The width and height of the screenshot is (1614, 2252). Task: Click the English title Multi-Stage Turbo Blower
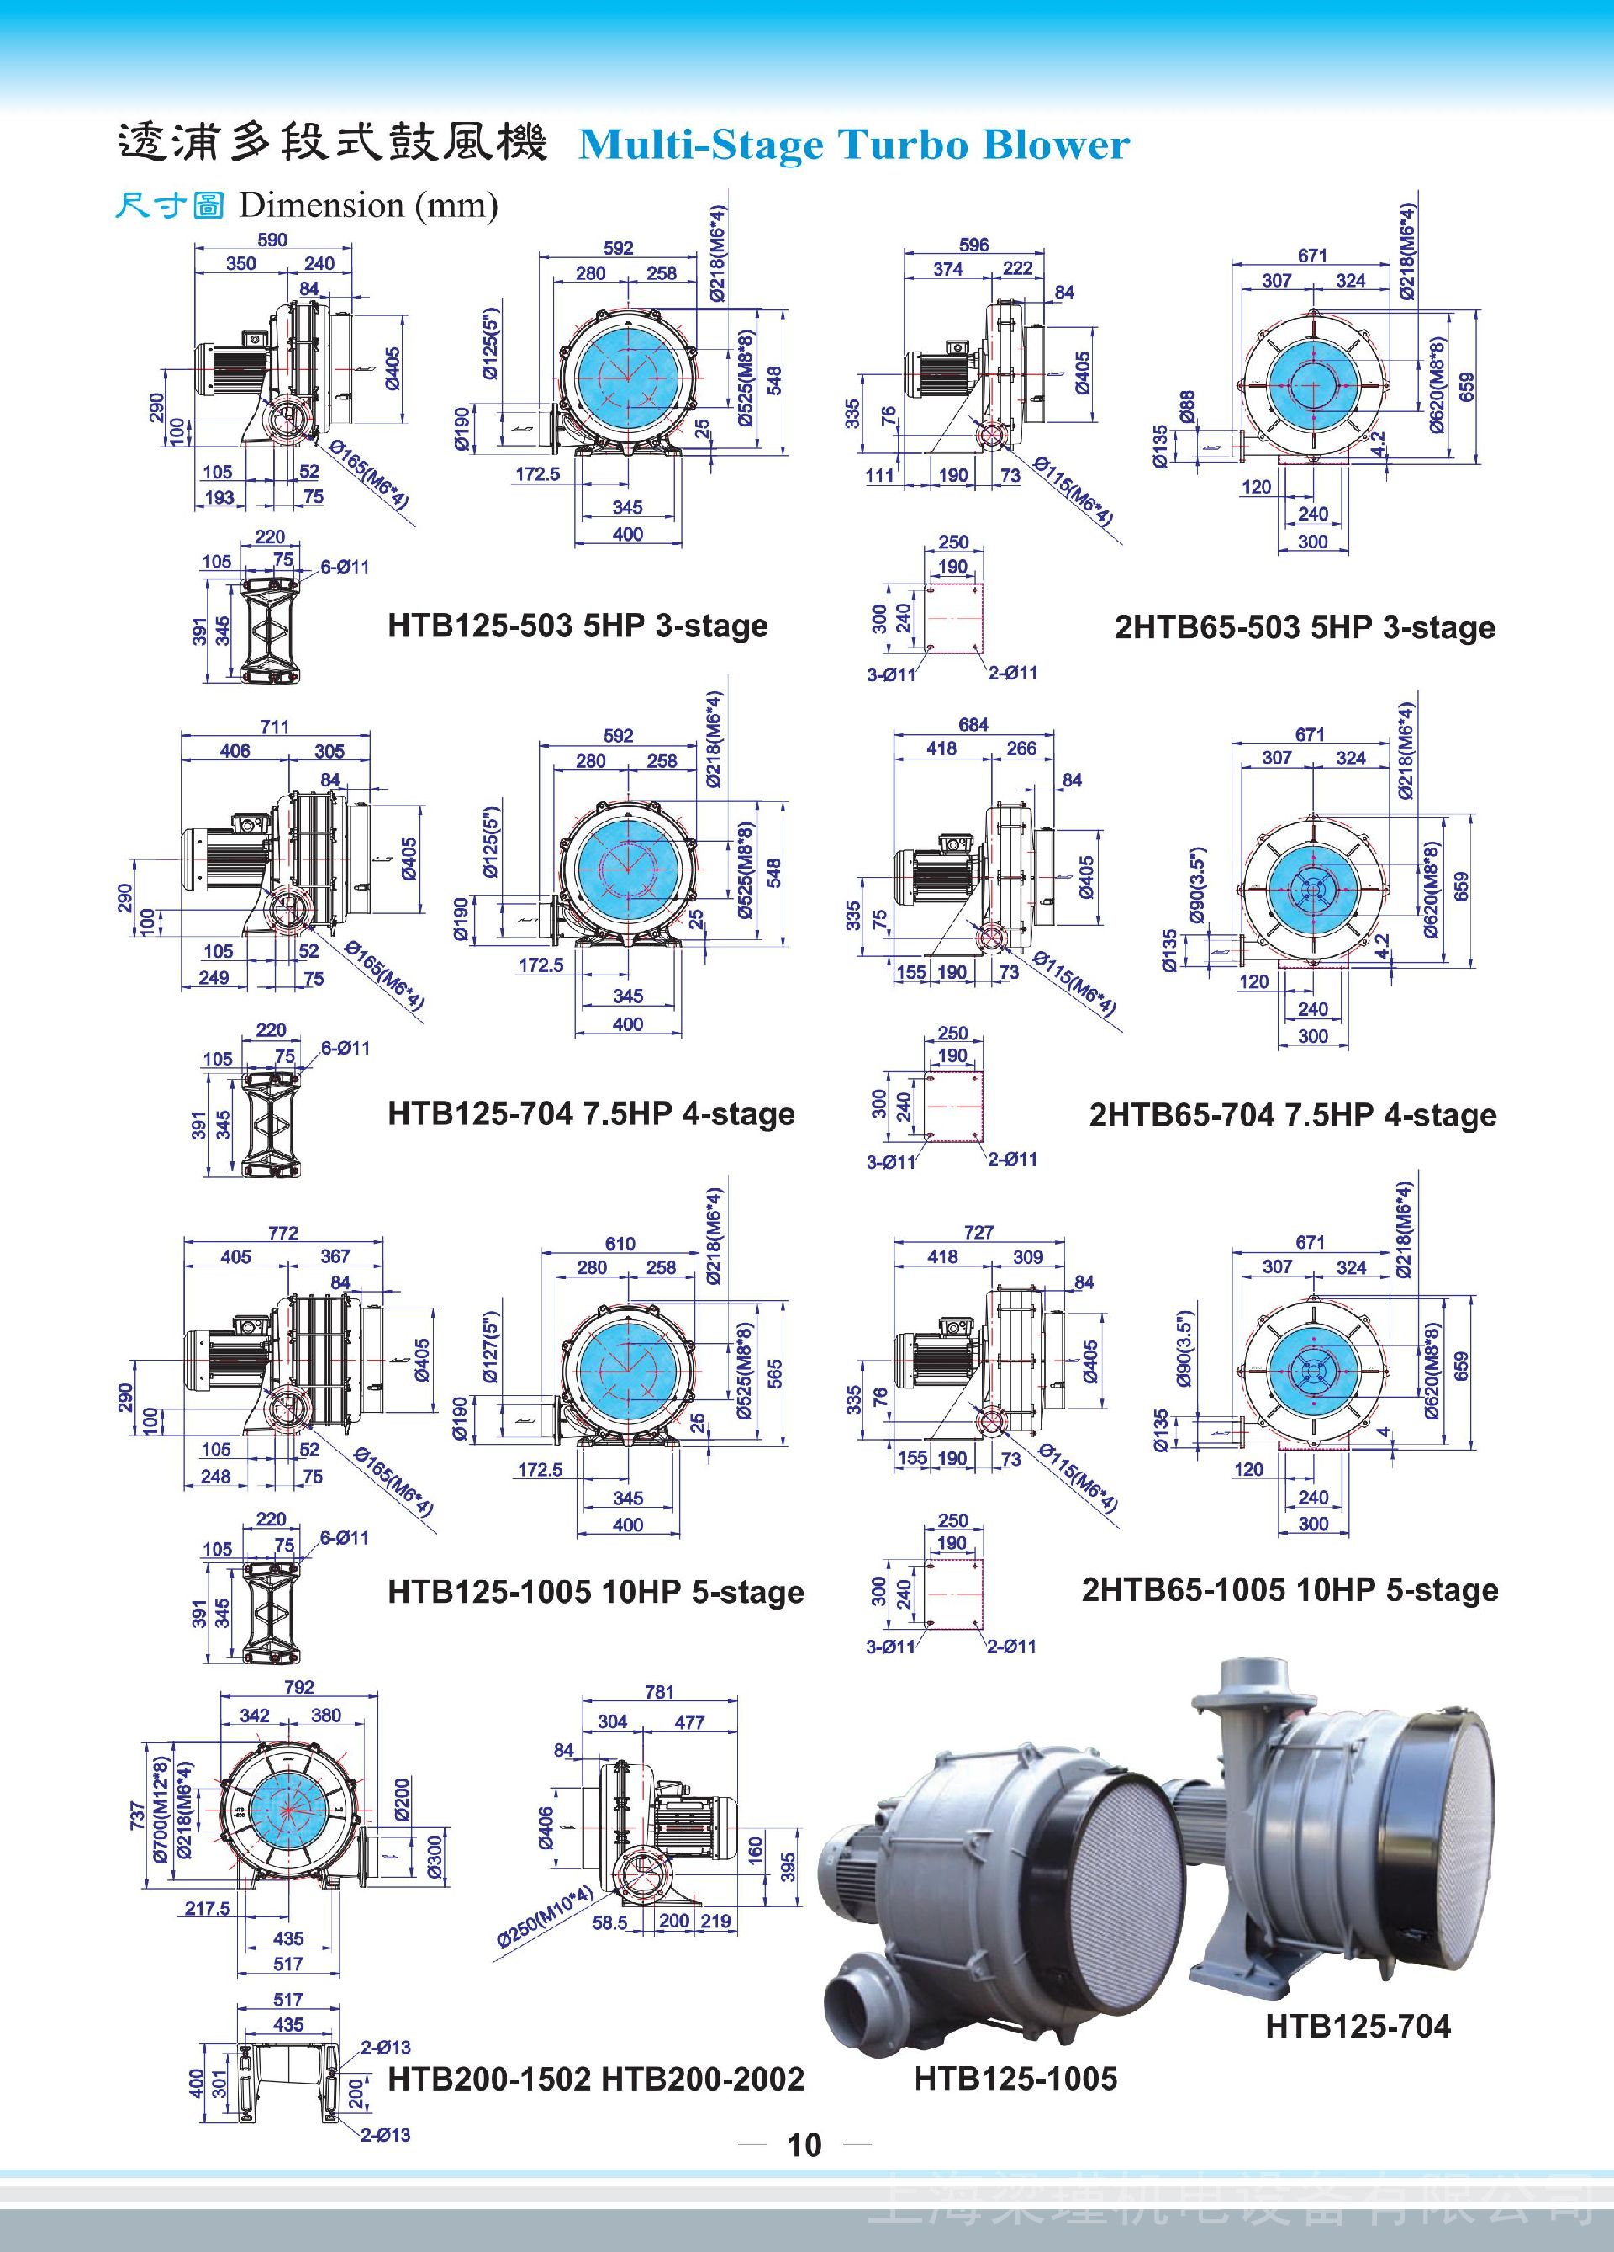853,145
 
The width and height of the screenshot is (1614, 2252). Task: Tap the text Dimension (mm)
368,205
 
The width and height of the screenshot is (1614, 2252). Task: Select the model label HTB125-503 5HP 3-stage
578,626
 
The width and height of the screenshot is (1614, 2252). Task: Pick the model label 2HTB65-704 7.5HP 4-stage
1292,1114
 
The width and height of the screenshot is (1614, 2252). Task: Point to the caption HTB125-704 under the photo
1358,2026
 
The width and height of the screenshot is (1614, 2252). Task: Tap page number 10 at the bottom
805,2144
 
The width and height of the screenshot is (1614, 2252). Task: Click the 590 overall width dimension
272,240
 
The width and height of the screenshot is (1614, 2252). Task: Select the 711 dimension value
275,726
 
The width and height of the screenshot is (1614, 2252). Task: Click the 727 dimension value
978,1232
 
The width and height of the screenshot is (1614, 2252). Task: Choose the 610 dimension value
620,1243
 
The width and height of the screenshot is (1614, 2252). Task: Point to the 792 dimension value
298,1687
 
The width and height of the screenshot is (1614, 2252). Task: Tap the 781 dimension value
659,1692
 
